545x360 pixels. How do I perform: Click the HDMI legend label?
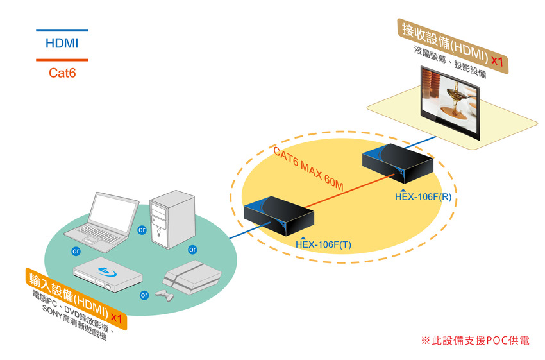[x=62, y=44]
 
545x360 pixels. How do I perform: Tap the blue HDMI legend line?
[x=62, y=30]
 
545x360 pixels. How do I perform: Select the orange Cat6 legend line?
[x=62, y=60]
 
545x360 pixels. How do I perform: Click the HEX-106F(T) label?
[x=323, y=244]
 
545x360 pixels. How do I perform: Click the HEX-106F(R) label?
[x=423, y=196]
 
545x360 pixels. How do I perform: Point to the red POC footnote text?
[x=474, y=341]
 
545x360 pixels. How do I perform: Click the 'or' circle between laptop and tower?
[x=142, y=229]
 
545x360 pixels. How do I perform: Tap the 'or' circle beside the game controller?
[x=144, y=295]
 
